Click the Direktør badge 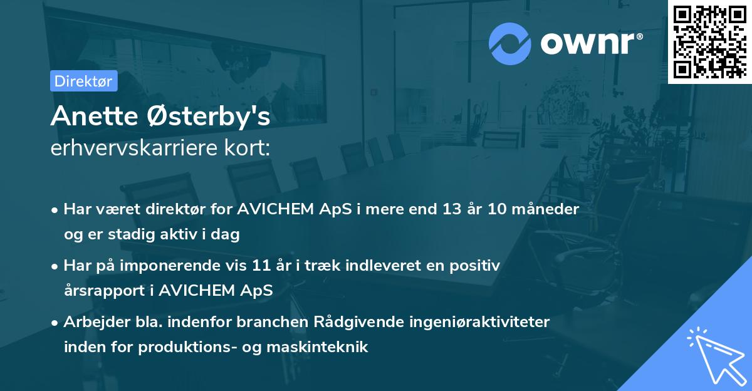point(83,81)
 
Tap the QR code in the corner point(709,41)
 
